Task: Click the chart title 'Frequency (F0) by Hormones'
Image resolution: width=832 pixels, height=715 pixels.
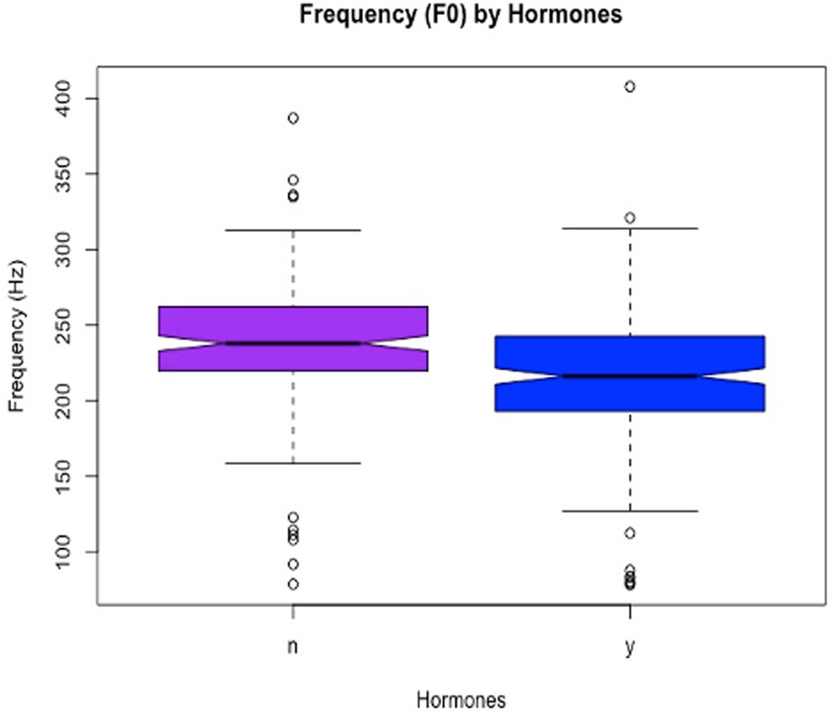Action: pyautogui.click(x=460, y=15)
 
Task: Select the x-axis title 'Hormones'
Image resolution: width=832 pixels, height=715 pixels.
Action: pyautogui.click(x=460, y=699)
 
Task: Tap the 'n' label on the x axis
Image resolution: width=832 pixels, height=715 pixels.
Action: pyautogui.click(x=293, y=647)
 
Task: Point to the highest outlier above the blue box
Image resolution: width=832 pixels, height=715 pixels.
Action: pyautogui.click(x=630, y=86)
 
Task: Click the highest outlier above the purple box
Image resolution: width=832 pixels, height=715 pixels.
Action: pyautogui.click(x=293, y=118)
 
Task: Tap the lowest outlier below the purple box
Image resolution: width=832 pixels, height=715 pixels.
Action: pyautogui.click(x=293, y=584)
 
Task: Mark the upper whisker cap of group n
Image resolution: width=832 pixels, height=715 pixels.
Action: pyautogui.click(x=293, y=230)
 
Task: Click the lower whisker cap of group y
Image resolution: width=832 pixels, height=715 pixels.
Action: pyautogui.click(x=630, y=511)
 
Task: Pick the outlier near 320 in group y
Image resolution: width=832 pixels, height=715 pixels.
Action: pyautogui.click(x=630, y=218)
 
